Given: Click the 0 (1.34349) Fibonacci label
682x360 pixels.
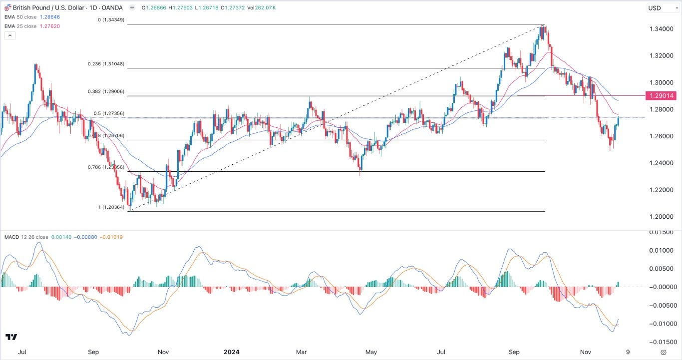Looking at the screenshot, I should [110, 20].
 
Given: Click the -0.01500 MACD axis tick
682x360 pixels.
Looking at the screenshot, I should [661, 342].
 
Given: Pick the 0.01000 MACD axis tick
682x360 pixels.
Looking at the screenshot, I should [661, 250].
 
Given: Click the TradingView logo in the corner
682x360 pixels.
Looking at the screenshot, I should [12, 337].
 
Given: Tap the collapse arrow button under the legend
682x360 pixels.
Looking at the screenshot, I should [9, 35].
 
